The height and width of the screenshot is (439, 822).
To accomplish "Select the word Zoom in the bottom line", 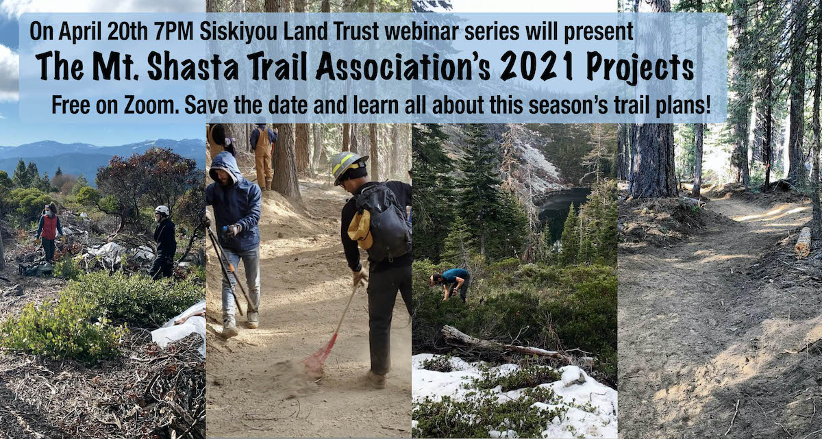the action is pyautogui.click(x=151, y=105).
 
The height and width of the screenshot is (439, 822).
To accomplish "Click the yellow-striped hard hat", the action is pyautogui.click(x=348, y=166).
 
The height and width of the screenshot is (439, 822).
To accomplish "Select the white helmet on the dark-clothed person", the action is pyautogui.click(x=162, y=210).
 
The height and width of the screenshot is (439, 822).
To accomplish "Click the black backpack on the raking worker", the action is pyautogui.click(x=381, y=223).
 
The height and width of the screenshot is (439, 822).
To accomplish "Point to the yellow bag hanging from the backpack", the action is pyautogui.click(x=360, y=229).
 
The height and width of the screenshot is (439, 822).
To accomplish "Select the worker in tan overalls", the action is pyautogui.click(x=263, y=157).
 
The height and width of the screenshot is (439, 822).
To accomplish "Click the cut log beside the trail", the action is pyautogui.click(x=802, y=243).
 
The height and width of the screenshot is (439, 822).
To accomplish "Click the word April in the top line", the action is pyautogui.click(x=79, y=32).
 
